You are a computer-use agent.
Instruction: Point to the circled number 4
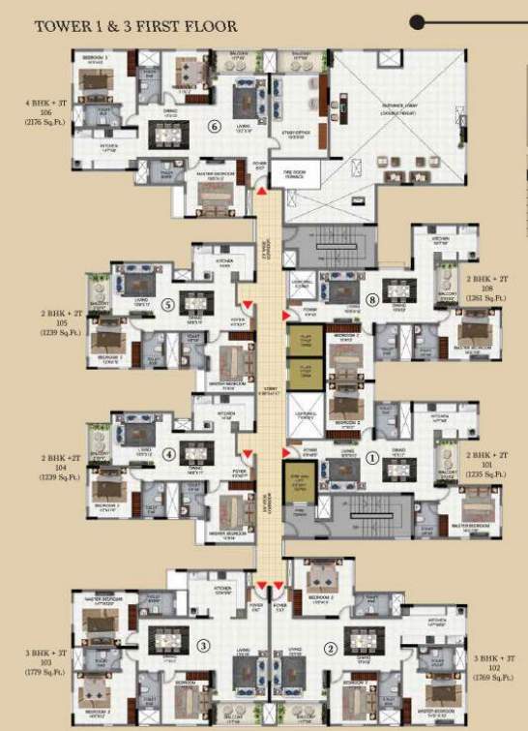pos(168,452)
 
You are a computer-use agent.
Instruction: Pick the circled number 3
pos(202,646)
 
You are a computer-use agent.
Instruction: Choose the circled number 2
pos(331,649)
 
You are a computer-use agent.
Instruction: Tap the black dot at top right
pos(444,21)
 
